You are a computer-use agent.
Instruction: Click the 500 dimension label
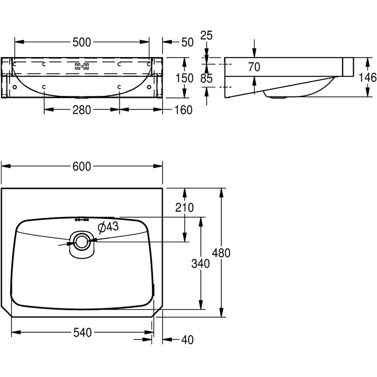click(82, 43)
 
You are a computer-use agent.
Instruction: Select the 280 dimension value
click(82, 110)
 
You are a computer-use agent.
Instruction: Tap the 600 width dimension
click(82, 166)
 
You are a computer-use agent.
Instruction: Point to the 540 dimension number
click(82, 332)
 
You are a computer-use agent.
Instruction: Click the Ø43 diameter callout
click(108, 227)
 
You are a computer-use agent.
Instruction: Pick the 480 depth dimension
click(221, 253)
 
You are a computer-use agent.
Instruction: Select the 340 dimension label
click(200, 264)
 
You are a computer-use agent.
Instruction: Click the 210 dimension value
click(184, 207)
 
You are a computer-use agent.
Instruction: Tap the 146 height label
click(368, 78)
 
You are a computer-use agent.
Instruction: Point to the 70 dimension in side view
click(254, 67)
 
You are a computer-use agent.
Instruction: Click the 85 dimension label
click(206, 79)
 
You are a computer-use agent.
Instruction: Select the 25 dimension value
click(206, 36)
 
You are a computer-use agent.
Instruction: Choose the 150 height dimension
click(184, 78)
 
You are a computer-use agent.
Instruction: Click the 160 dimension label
click(183, 110)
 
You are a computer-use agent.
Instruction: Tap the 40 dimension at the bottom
click(187, 340)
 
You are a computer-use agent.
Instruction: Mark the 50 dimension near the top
click(187, 43)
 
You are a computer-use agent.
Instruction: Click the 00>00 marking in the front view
click(82, 66)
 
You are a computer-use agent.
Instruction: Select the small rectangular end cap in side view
click(348, 67)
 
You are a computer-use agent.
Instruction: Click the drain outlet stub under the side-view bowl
click(277, 97)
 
